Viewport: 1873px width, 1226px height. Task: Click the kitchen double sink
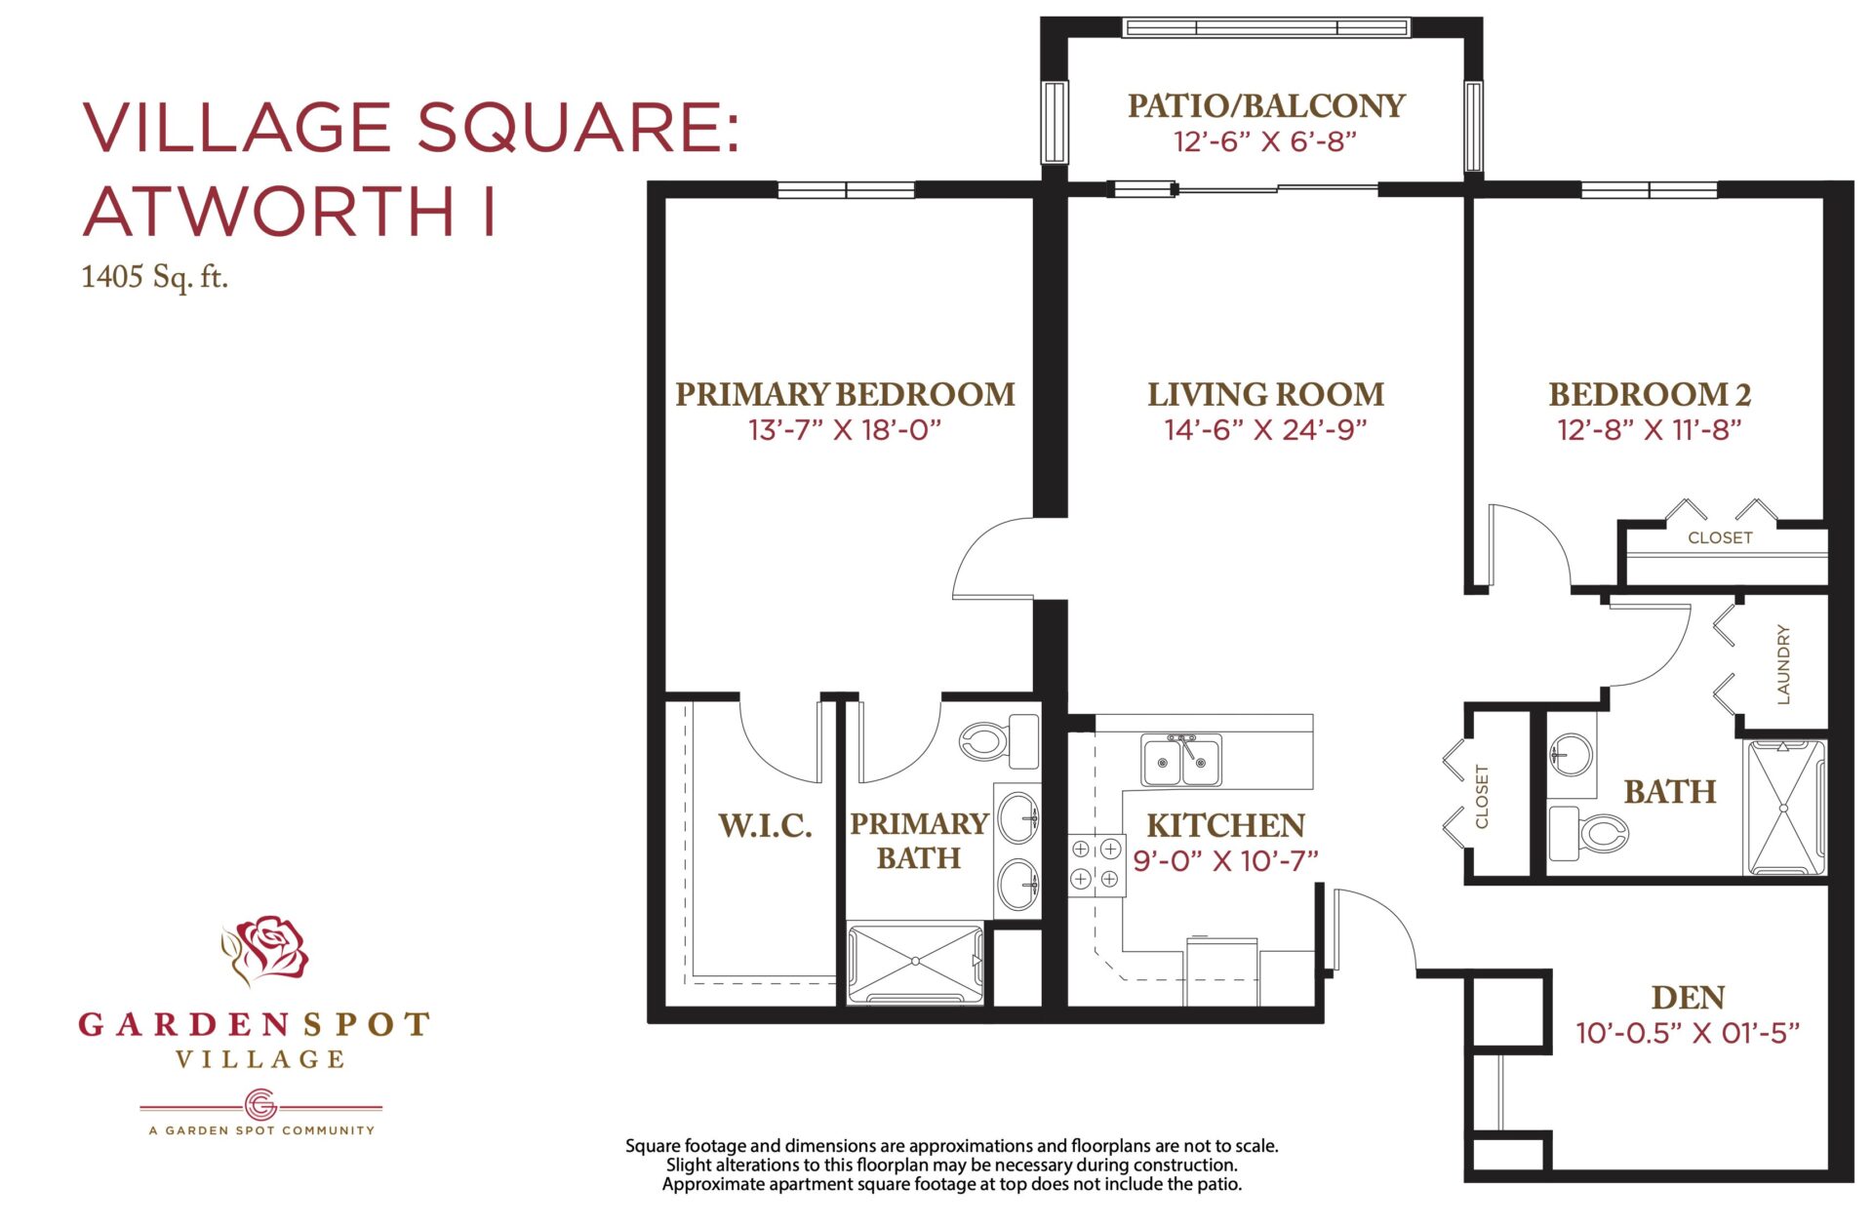pyautogui.click(x=1181, y=760)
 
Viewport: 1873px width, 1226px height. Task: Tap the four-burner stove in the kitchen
pyautogui.click(x=1096, y=864)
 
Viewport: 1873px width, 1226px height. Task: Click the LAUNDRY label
pyautogui.click(x=1783, y=664)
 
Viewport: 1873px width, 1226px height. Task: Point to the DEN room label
pyautogui.click(x=1688, y=998)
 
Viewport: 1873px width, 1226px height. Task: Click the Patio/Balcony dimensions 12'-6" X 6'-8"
pyautogui.click(x=1265, y=142)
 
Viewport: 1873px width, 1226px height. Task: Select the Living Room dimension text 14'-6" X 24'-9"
pyautogui.click(x=1265, y=430)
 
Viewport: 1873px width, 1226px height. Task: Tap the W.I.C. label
pyautogui.click(x=765, y=826)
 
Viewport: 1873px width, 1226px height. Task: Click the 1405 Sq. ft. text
pyautogui.click(x=154, y=277)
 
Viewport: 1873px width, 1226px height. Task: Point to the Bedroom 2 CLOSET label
pyautogui.click(x=1720, y=537)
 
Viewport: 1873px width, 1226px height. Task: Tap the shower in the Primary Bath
pyautogui.click(x=915, y=963)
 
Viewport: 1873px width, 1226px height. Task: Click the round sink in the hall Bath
pyautogui.click(x=1571, y=754)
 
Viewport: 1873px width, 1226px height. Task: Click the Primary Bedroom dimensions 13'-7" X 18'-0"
pyautogui.click(x=844, y=430)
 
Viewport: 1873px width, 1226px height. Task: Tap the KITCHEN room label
pyautogui.click(x=1225, y=826)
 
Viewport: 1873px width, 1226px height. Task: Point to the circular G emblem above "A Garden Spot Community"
pyautogui.click(x=260, y=1105)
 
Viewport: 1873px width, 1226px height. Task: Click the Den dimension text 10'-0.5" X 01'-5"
pyautogui.click(x=1688, y=1033)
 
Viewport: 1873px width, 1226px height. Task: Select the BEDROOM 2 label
pyautogui.click(x=1650, y=394)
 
